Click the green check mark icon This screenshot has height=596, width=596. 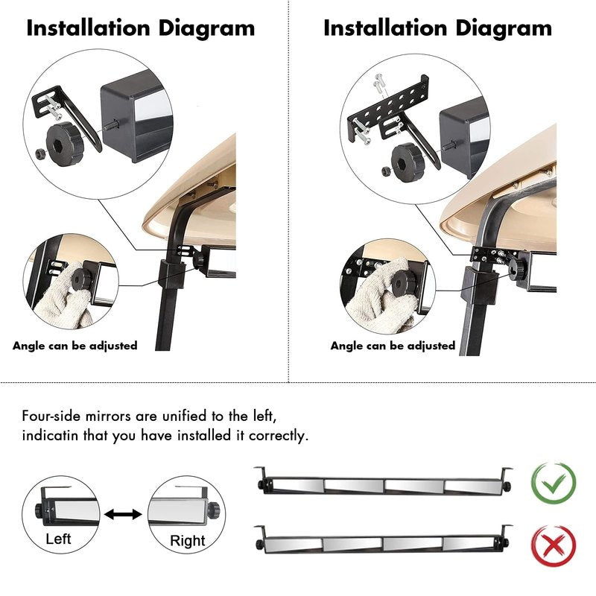pyautogui.click(x=553, y=483)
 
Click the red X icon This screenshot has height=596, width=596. pyautogui.click(x=553, y=545)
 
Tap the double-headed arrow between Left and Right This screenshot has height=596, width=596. pyautogui.click(x=123, y=515)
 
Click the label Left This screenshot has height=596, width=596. pyautogui.click(x=58, y=539)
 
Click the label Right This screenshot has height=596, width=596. pyautogui.click(x=188, y=541)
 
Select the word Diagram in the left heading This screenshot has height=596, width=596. pyautogui.click(x=206, y=29)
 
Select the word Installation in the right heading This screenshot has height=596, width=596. pyautogui.click(x=385, y=28)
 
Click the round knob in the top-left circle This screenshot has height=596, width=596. pyautogui.click(x=64, y=144)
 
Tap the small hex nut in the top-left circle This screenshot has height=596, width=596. pyautogui.click(x=40, y=153)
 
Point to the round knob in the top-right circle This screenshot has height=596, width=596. pyautogui.click(x=408, y=162)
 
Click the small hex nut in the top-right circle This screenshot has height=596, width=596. pyautogui.click(x=386, y=171)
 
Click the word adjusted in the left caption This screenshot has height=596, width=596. pyautogui.click(x=113, y=346)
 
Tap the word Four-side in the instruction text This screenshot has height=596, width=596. pyautogui.click(x=51, y=416)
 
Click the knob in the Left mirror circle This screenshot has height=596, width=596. pyautogui.click(x=40, y=510)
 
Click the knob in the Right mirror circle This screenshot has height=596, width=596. pyautogui.click(x=214, y=508)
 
